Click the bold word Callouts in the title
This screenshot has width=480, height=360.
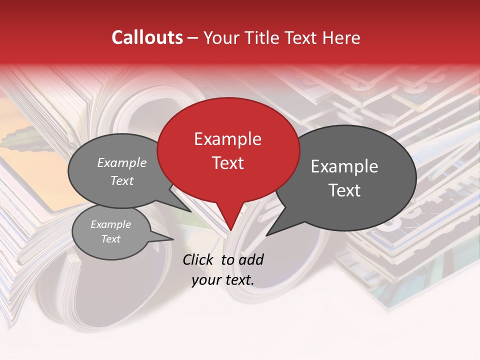147,37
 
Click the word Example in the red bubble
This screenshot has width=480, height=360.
227,139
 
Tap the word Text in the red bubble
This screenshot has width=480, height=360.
227,163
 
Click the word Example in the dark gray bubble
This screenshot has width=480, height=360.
344,166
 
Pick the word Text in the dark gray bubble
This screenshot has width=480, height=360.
344,190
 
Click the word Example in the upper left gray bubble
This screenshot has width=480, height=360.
122,163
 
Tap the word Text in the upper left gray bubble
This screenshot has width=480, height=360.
122,180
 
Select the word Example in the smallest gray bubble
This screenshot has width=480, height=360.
110,224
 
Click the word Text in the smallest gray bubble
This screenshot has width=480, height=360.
110,239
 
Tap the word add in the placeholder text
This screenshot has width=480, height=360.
250,259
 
